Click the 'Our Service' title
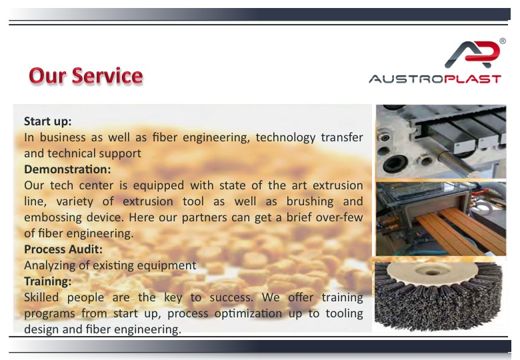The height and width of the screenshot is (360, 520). click(x=86, y=75)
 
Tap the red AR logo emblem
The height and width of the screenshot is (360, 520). click(x=472, y=55)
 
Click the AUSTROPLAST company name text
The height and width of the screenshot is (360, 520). click(x=435, y=79)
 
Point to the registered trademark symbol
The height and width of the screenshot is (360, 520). click(x=503, y=41)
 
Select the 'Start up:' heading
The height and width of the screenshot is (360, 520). click(x=48, y=121)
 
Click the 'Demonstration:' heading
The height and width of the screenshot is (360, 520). click(x=67, y=169)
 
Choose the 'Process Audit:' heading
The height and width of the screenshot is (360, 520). click(x=63, y=249)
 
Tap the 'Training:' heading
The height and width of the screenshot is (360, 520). click(x=48, y=281)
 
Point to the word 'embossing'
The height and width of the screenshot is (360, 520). click(x=53, y=218)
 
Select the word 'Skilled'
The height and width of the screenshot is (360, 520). click(x=41, y=297)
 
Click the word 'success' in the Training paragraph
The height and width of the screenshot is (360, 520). click(x=231, y=297)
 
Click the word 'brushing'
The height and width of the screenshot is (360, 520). click(x=310, y=201)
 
